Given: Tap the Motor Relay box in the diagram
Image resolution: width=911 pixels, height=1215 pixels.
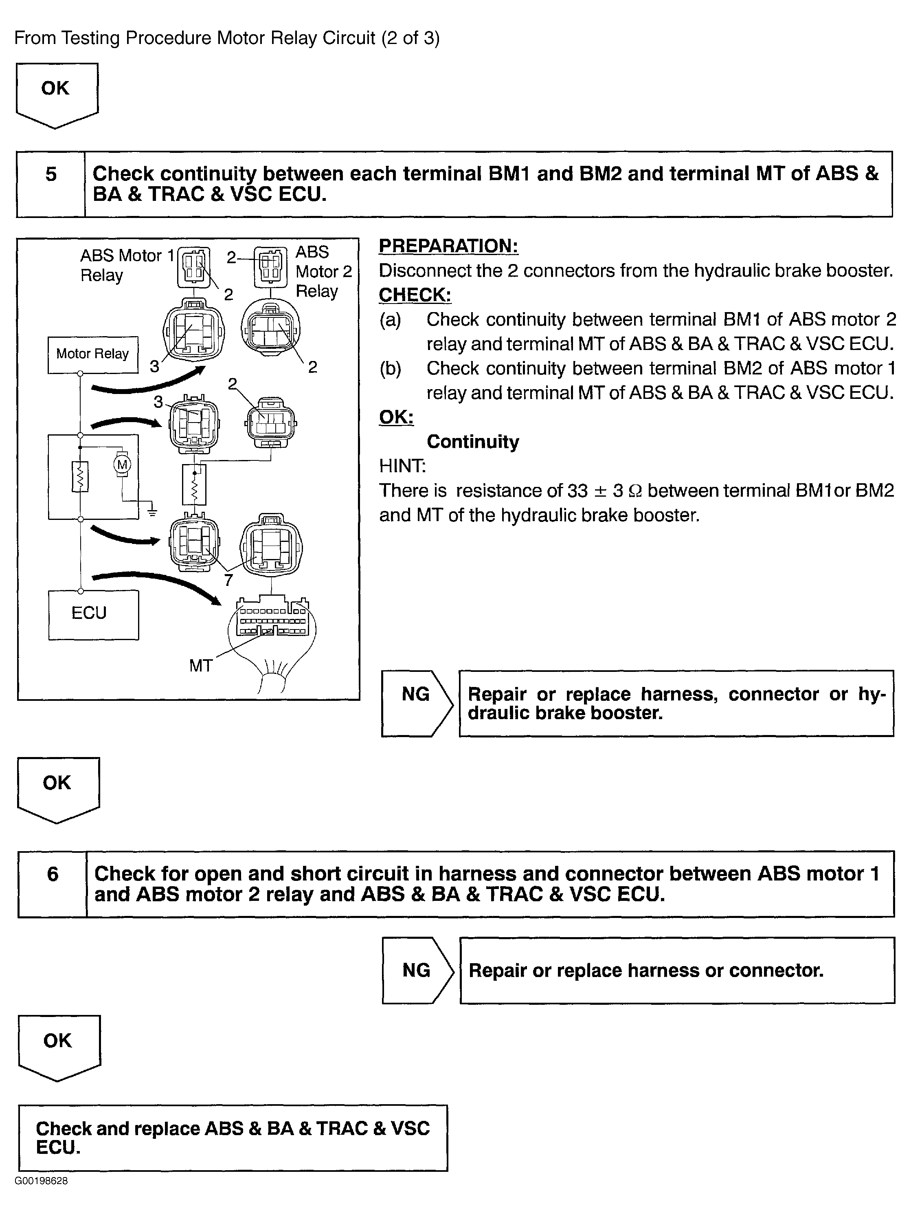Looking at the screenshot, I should [x=92, y=354].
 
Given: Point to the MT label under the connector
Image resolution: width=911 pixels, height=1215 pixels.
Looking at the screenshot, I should [x=200, y=666].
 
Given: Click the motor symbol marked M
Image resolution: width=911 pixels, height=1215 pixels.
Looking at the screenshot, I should [x=122, y=464].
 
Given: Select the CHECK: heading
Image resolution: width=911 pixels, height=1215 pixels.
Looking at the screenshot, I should [x=415, y=295].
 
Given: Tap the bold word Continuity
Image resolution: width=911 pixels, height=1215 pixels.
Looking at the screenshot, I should [x=472, y=442].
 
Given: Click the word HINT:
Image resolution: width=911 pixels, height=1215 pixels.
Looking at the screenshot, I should [x=402, y=466].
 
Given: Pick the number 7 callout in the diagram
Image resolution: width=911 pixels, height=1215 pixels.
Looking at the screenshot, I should [x=228, y=579].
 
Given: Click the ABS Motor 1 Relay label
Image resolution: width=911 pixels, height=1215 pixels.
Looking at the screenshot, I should [x=126, y=265].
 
